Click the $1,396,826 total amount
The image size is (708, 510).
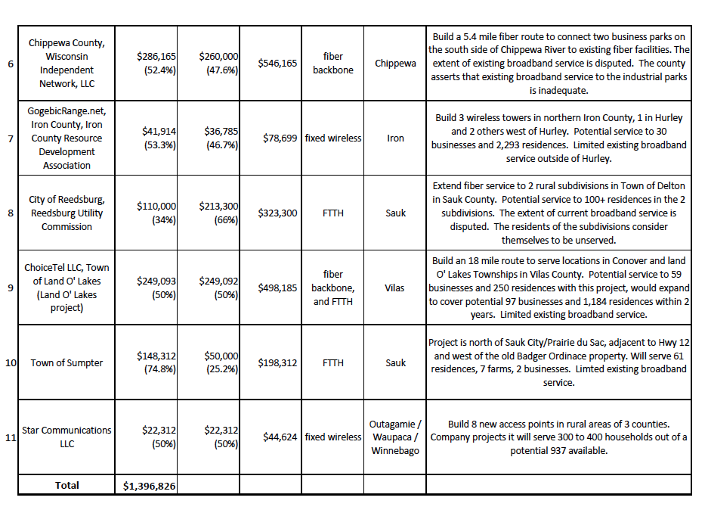(150, 486)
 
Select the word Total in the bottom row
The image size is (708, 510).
(66, 485)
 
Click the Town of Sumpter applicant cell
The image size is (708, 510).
(66, 362)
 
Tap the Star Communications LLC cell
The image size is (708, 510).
(66, 437)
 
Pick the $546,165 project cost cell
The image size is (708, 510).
(277, 64)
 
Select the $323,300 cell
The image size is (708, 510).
(277, 213)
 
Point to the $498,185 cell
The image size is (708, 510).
(277, 288)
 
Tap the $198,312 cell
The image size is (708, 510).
(277, 362)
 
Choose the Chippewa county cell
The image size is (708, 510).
(395, 64)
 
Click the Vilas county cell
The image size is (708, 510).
(395, 288)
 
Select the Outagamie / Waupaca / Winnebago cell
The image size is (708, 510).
(395, 437)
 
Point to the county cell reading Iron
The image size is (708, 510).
(395, 138)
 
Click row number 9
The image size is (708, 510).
(10, 288)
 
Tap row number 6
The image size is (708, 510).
(10, 64)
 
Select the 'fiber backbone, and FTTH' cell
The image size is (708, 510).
(332, 288)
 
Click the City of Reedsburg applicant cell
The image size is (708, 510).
(66, 213)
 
